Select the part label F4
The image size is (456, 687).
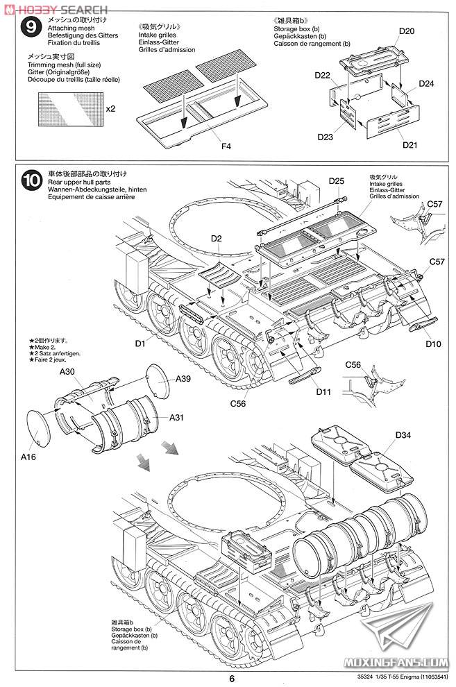point(226,146)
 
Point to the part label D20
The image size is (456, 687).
point(407,31)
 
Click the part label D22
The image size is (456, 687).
point(321,74)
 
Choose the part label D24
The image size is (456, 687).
point(426,84)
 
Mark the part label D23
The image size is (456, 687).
point(326,137)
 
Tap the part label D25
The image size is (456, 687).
point(337,181)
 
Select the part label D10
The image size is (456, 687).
point(433,343)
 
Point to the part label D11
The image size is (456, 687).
point(323,392)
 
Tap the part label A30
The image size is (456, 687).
point(67,372)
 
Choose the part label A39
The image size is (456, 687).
point(183,378)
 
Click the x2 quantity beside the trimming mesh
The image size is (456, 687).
point(110,109)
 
